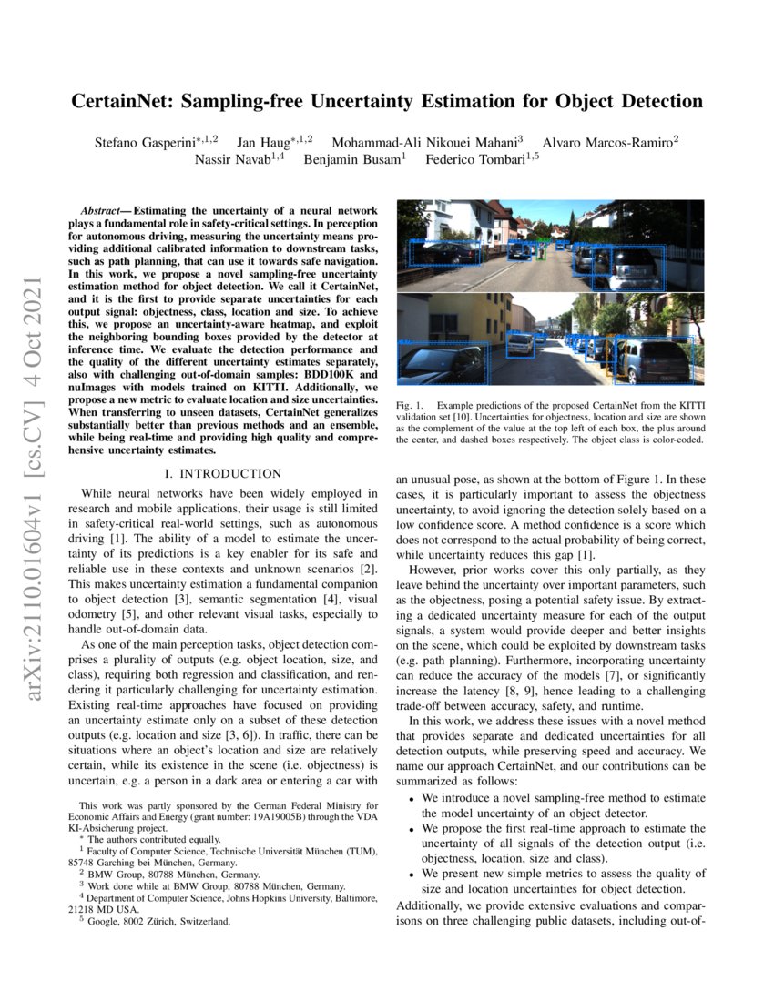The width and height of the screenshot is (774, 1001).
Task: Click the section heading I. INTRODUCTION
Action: coord(221,473)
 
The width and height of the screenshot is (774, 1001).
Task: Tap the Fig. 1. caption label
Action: coord(409,404)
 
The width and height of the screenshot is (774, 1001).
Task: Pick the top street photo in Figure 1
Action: coord(550,245)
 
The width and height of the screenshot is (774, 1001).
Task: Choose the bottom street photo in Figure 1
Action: coord(550,339)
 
